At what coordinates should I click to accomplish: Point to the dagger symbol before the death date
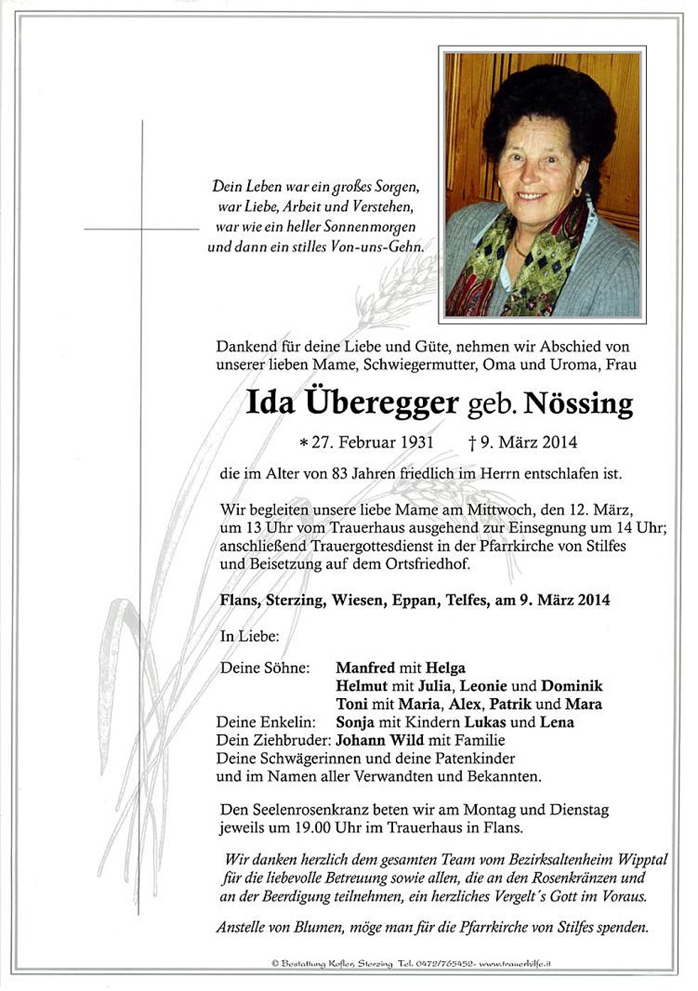pos(471,442)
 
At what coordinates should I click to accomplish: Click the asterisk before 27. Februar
pos(304,443)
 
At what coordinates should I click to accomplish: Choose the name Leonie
pos(483,686)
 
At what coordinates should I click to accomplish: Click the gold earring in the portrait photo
pos(576,191)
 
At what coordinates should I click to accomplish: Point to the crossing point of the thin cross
pos(143,229)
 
